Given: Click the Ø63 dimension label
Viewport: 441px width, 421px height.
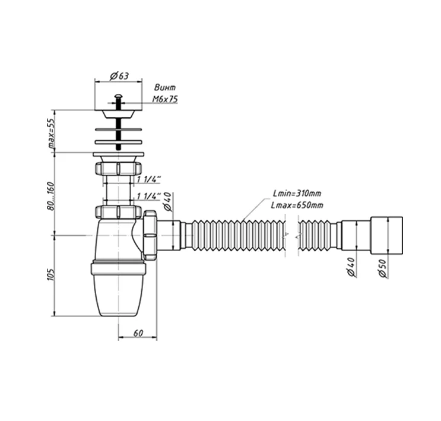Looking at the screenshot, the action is (119, 75).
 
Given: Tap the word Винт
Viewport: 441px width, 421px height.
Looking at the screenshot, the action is (165, 87).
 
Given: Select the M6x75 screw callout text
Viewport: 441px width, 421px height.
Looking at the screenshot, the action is (165, 99).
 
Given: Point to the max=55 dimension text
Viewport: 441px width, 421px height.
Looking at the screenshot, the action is (52, 133).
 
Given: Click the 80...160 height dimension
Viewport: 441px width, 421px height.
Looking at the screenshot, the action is (51, 196).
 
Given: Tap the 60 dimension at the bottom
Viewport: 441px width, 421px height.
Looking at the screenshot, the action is (138, 333).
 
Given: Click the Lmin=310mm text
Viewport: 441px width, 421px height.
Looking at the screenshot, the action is (297, 194).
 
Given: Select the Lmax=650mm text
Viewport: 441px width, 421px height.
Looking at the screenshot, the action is (297, 205).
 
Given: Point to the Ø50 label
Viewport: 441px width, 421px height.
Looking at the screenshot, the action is (383, 268).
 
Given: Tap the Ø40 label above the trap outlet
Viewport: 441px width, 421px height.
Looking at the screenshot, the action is (167, 201).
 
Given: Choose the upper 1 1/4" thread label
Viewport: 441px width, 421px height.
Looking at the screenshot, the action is (149, 179).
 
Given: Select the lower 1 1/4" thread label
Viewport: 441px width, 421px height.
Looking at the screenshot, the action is (149, 196).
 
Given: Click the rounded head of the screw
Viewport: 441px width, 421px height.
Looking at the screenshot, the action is (118, 97).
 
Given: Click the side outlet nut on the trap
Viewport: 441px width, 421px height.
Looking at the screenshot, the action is (150, 235).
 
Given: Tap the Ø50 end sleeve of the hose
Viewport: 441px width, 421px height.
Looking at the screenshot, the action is (387, 235).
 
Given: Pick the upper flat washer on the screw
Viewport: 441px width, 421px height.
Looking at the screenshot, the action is (118, 129).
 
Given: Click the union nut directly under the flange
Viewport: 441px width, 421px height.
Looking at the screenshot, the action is (118, 168).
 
